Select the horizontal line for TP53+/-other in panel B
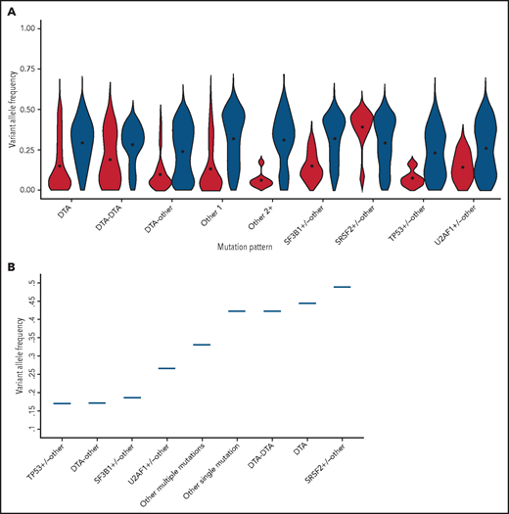61,403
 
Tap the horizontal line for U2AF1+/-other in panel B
166,368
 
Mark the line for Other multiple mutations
202,345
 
